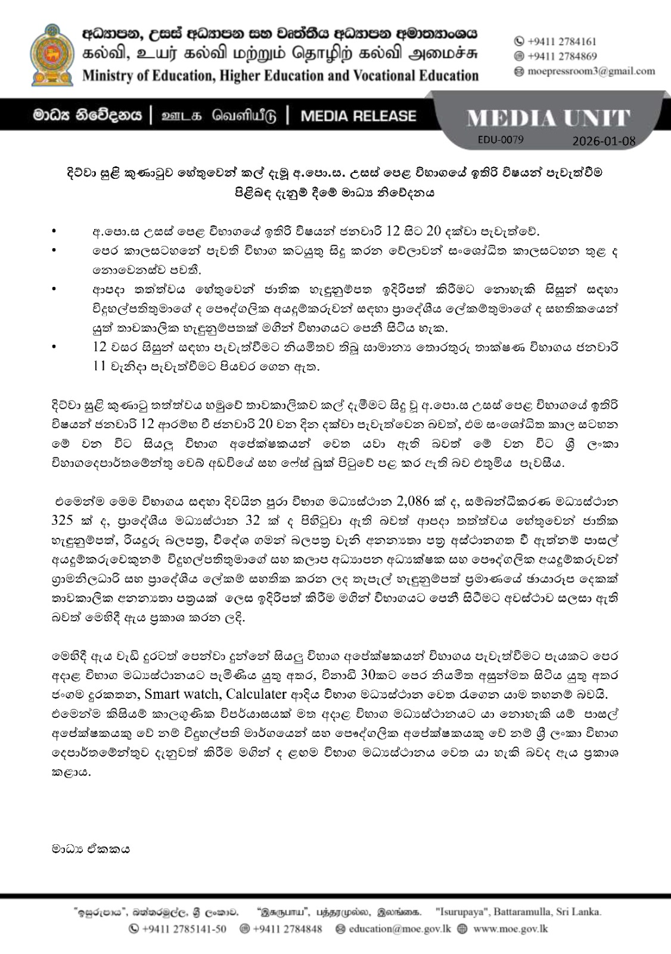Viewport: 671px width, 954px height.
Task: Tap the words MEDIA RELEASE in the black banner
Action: coord(359,115)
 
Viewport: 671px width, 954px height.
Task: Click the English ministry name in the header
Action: coord(280,76)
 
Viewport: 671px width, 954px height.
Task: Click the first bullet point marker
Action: coord(55,230)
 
